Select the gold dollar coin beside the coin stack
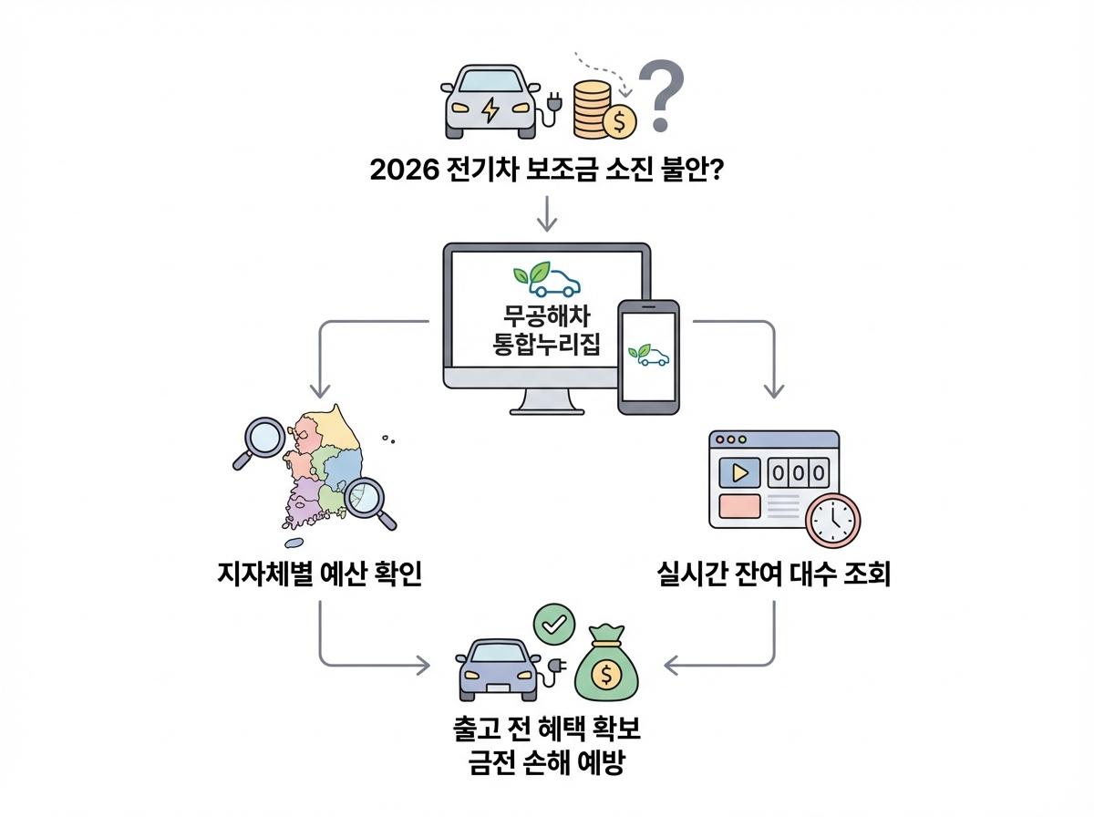coord(619,119)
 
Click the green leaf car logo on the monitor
coord(546,277)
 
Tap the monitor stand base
coord(547,408)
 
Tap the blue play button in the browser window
coord(739,473)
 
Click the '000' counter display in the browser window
coord(800,473)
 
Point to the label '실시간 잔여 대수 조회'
coord(773,574)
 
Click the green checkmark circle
coord(553,625)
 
